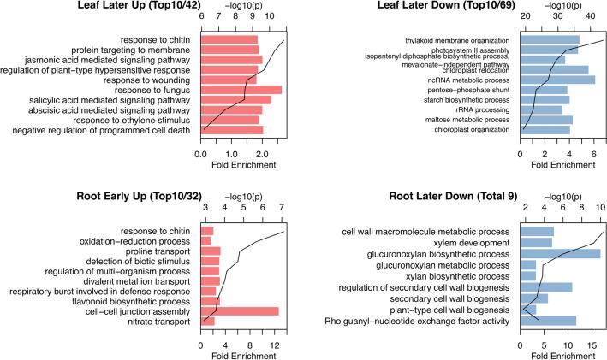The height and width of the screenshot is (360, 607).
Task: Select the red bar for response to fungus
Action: [241, 90]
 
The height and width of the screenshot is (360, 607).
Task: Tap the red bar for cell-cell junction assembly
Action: [240, 310]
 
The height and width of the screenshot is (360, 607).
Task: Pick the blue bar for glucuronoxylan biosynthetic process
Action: [561, 254]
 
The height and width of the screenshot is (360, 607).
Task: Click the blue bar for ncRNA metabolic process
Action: [557, 80]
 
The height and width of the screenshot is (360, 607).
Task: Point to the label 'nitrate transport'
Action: [152, 322]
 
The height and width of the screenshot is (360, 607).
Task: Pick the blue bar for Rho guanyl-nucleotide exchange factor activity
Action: [548, 321]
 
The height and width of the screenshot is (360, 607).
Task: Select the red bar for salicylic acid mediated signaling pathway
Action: [235, 100]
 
